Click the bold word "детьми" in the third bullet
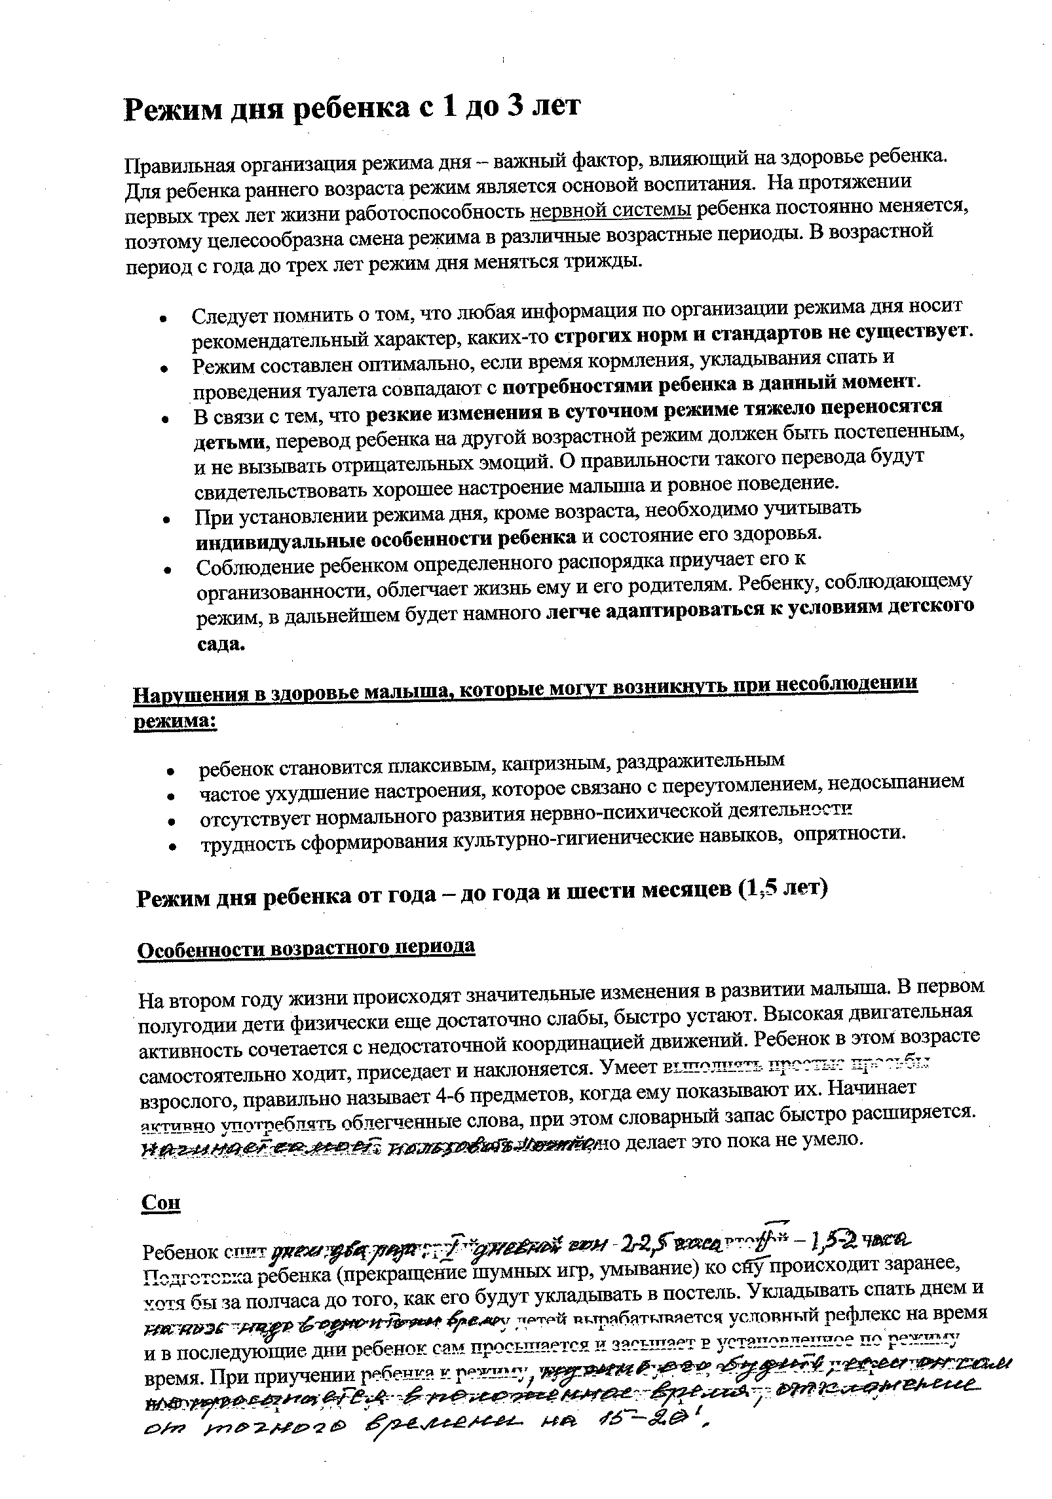(230, 442)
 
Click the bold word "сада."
(221, 644)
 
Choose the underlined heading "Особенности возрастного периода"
(306, 948)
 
